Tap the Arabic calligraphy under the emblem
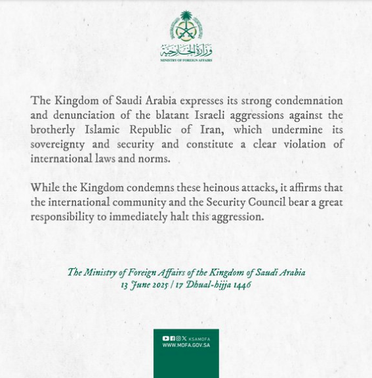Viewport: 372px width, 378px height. pos(186,50)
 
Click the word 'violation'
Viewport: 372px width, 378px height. pos(302,144)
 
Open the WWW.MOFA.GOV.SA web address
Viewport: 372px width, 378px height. pos(186,345)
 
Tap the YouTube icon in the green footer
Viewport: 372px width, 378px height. pos(165,338)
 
